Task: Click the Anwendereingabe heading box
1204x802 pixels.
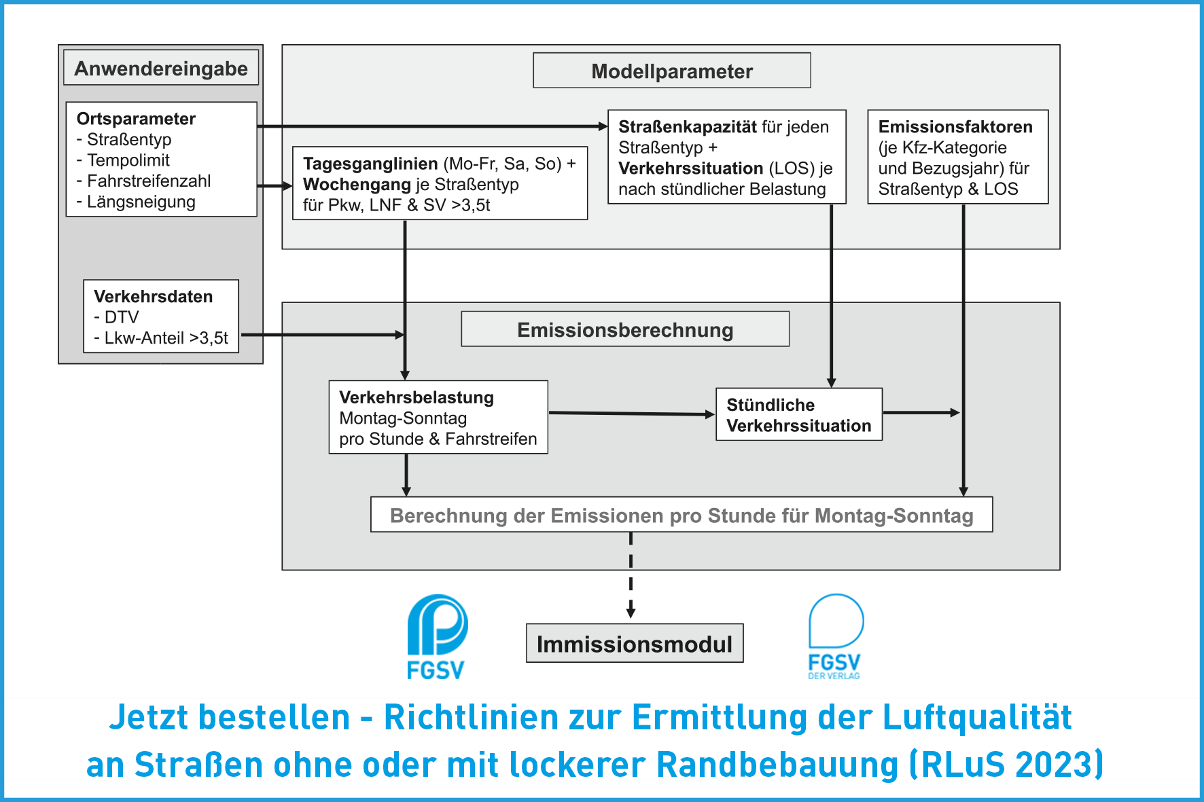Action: point(161,68)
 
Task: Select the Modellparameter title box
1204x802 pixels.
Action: point(672,71)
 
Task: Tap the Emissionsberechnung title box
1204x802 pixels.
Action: point(625,329)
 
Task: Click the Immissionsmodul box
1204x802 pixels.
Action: point(635,643)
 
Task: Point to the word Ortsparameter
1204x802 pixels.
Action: point(136,119)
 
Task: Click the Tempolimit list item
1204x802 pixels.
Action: point(123,160)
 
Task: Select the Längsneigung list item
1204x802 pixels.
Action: point(136,202)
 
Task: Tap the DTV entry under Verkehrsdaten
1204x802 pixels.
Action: point(117,317)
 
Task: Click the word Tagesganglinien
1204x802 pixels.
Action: point(370,164)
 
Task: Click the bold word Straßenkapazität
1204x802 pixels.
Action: point(688,127)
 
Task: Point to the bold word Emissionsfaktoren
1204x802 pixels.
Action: point(955,127)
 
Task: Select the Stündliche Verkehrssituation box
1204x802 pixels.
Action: point(799,414)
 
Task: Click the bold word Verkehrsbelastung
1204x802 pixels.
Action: point(417,397)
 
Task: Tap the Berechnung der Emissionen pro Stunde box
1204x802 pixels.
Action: point(681,515)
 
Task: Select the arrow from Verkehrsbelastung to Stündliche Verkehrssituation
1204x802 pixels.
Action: point(632,414)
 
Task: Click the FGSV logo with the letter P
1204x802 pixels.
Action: point(436,637)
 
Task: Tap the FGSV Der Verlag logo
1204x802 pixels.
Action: point(835,637)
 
